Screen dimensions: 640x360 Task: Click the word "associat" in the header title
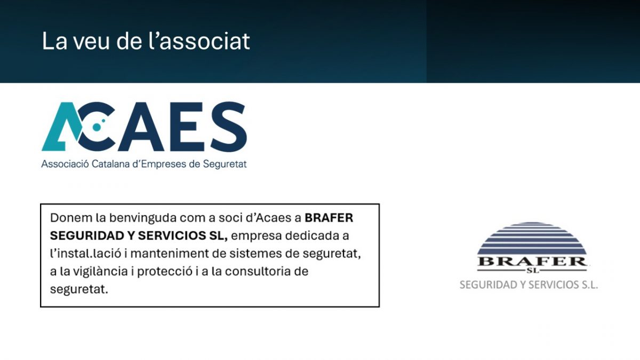point(204,42)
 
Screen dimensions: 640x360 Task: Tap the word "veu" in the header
point(91,42)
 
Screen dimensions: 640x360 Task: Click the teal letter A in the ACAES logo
point(61,126)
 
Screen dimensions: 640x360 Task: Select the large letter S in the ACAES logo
point(229,126)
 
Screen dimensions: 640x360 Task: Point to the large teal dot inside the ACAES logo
point(97,127)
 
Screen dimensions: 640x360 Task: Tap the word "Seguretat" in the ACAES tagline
point(225,164)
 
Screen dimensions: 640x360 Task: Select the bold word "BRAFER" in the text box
point(329,218)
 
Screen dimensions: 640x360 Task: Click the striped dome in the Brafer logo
point(532,239)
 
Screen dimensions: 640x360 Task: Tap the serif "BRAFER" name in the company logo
point(532,262)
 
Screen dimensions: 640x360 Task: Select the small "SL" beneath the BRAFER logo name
point(532,270)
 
